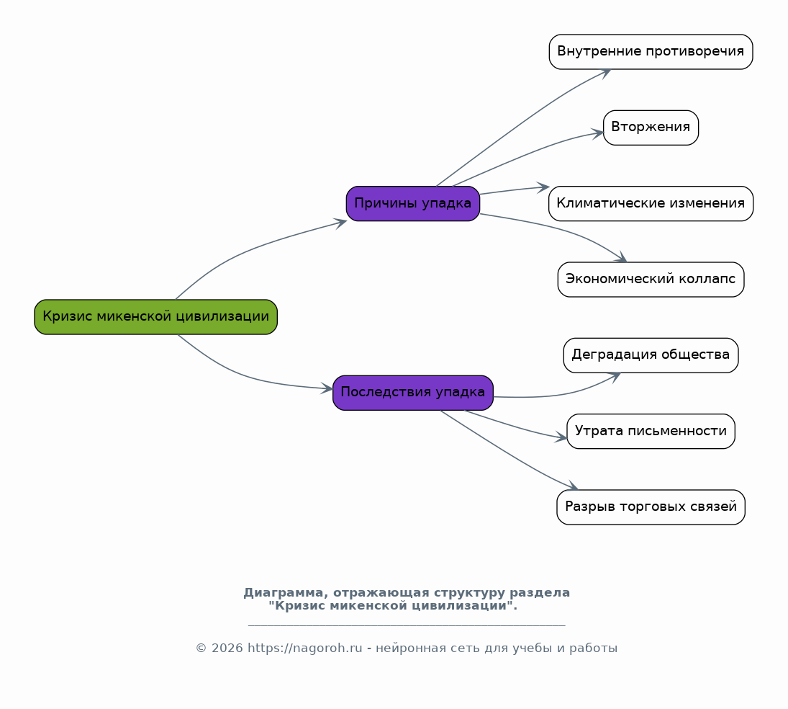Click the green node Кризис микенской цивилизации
pos(155,317)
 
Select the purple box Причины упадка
pos(413,204)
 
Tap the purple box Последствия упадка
pos(413,393)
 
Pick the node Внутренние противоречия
pos(651,52)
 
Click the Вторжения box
pos(651,128)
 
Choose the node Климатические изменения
pos(651,204)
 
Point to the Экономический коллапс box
pos(651,280)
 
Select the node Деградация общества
pos(651,355)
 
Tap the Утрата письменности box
pos(651,432)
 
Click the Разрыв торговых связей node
pos(651,507)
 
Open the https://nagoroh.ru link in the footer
pos(304,648)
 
